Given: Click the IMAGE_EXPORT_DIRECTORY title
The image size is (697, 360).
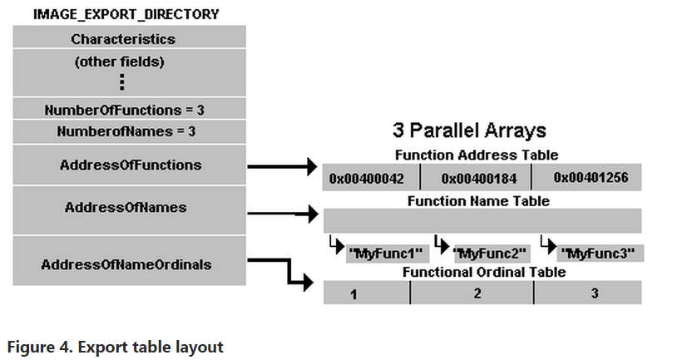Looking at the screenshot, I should (x=126, y=14).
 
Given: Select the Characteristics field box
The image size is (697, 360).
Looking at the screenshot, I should (x=129, y=39).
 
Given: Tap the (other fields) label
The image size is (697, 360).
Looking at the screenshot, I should (x=129, y=62).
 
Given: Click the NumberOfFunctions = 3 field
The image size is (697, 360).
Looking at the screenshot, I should (x=129, y=110).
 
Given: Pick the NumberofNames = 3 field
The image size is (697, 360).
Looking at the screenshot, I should (x=129, y=131).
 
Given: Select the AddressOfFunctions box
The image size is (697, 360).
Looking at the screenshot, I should (x=129, y=165).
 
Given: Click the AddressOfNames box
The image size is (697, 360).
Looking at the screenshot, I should (x=129, y=208).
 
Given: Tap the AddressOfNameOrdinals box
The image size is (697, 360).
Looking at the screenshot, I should (x=129, y=264).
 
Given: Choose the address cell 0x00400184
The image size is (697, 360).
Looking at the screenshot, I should (x=476, y=178).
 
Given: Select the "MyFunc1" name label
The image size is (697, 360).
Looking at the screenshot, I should (x=387, y=253).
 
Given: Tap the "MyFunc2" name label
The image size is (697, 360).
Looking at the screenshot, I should (x=493, y=253).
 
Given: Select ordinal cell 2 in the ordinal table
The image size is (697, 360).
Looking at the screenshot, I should (x=477, y=293).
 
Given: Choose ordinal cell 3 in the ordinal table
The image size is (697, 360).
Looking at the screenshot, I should (x=594, y=293).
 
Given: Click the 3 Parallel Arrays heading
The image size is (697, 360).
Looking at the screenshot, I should (x=469, y=131).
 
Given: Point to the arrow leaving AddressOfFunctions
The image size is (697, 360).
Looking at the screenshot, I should (x=283, y=166).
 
